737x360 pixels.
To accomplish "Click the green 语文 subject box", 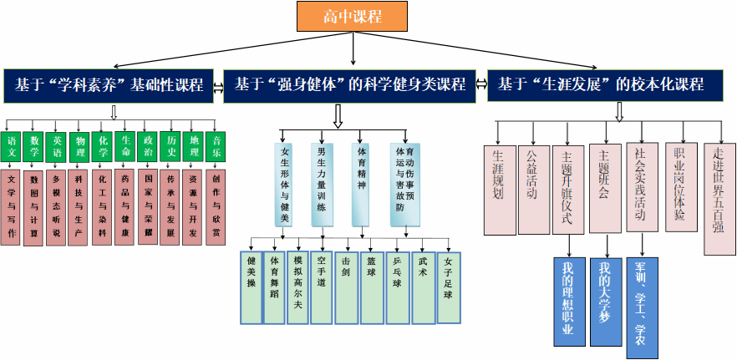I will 12,148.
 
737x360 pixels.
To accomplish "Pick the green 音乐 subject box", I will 217,148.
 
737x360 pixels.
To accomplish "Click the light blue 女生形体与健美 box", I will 284,185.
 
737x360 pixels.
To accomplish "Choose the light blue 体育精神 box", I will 360,185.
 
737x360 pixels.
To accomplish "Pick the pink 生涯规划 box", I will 499,189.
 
